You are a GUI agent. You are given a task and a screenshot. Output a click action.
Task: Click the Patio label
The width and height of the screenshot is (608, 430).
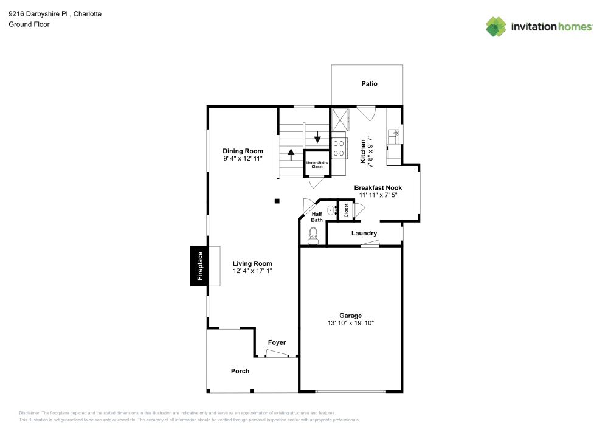pos(369,84)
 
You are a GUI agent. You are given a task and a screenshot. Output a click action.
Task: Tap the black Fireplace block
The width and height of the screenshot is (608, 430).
pos(198,266)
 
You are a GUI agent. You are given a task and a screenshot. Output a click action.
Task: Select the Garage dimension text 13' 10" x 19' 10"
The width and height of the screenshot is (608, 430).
pos(350,324)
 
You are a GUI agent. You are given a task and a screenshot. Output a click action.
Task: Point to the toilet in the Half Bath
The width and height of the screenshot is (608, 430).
pos(314,235)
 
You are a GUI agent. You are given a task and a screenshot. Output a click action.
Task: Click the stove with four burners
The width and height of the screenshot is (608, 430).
pos(339,148)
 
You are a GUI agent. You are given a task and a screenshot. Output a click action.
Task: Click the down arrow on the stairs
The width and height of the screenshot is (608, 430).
pos(317,136)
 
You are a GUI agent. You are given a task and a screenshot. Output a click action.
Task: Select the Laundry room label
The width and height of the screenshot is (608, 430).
pos(364,233)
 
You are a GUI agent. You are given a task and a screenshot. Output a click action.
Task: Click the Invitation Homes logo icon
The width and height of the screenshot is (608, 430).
pos(496,26)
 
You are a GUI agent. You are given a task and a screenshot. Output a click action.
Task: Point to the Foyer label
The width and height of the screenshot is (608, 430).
pos(277,342)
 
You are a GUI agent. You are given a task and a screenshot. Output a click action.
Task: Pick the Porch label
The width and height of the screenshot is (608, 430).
pos(240,371)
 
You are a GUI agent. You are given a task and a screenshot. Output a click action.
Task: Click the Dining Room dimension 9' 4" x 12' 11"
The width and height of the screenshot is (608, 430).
pos(243,159)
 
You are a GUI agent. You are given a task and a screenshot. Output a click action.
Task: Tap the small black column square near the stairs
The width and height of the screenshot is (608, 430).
pos(277,201)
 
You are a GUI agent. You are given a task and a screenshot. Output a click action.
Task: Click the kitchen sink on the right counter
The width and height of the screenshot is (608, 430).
pos(394,136)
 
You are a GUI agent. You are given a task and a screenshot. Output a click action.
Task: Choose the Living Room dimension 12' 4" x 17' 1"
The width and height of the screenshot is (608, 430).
pos(252,271)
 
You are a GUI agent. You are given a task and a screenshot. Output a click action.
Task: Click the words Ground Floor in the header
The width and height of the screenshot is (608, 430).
pos(29,24)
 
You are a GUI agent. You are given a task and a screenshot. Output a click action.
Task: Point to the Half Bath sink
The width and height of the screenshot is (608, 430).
pos(332,210)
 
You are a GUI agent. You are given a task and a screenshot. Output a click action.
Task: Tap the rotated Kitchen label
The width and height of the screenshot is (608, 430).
pos(363,151)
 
